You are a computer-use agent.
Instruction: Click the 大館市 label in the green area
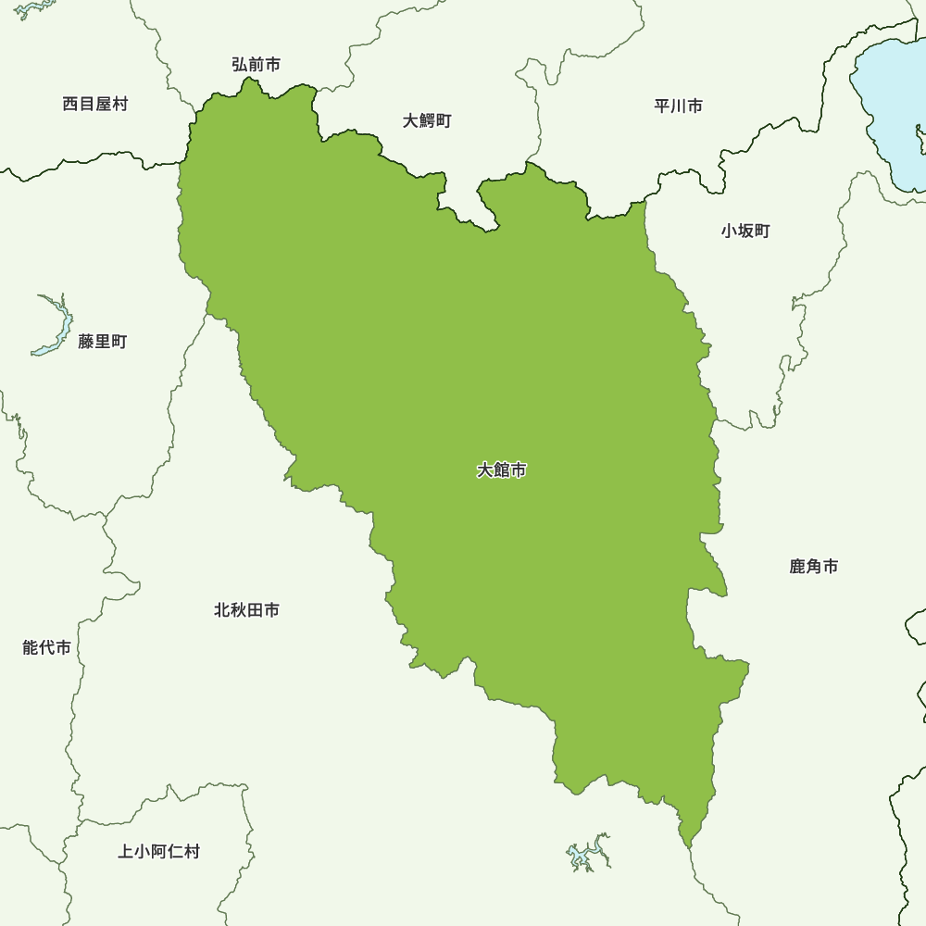[501, 470]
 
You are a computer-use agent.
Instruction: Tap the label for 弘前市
[256, 64]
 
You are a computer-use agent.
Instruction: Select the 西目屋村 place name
[95, 104]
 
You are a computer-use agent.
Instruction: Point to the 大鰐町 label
[427, 120]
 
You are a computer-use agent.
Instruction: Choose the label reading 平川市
[678, 106]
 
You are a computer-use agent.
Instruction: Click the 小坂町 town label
[745, 231]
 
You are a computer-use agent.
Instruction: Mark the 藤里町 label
[103, 342]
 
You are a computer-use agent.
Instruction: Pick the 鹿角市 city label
[814, 566]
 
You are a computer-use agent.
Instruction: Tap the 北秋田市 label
[246, 610]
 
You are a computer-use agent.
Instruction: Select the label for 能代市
[46, 647]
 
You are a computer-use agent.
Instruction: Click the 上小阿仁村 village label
[158, 851]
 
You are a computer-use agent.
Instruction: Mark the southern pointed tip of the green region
[686, 845]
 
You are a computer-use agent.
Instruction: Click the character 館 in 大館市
[501, 470]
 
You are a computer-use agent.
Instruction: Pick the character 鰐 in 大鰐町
[427, 120]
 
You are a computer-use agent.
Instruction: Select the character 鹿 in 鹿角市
[798, 566]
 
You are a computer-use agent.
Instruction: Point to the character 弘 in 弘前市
[240, 64]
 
